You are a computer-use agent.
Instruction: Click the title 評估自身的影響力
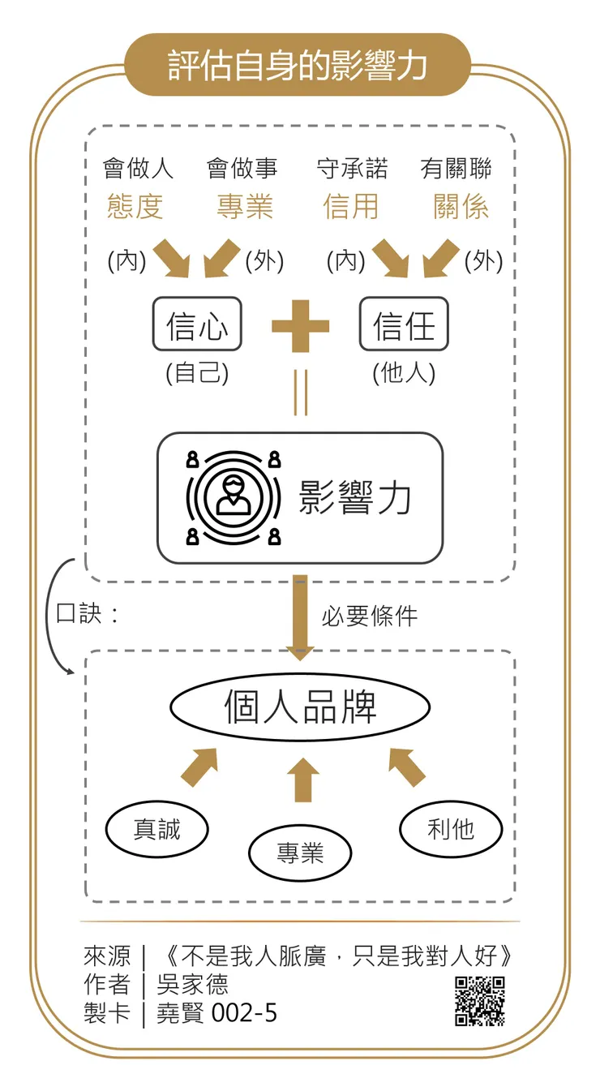point(298,66)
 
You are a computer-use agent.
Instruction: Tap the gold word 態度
point(135,207)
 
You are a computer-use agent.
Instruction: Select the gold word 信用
point(351,207)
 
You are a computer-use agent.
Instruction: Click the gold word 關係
point(461,207)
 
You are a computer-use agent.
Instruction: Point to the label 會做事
point(242,169)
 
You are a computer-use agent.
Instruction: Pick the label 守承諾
point(352,169)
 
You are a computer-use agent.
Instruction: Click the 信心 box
point(197,324)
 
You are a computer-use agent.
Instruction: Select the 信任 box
point(404,324)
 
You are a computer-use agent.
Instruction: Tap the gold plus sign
point(300,326)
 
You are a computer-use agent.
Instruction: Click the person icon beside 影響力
point(234,496)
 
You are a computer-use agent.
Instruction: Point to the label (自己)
point(197,373)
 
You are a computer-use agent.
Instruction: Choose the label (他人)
point(404,373)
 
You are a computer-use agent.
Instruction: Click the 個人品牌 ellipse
point(300,707)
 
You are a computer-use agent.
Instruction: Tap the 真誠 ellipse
point(157,829)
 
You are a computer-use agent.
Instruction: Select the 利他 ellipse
point(451,829)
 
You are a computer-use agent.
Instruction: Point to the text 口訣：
point(88,613)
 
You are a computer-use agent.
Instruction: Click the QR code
point(480,1001)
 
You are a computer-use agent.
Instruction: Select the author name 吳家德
point(192,984)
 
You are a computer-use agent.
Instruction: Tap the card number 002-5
point(244,1012)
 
